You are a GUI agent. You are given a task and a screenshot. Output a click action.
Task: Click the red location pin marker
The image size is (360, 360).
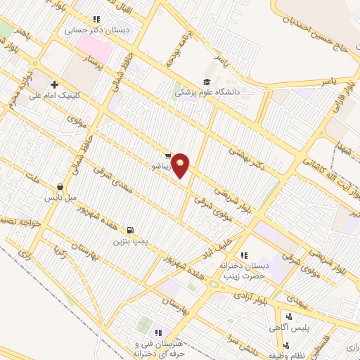181,165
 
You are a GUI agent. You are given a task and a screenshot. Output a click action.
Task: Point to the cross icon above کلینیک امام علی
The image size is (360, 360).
55,84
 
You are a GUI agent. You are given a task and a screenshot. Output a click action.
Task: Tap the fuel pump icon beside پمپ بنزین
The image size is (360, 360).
130,230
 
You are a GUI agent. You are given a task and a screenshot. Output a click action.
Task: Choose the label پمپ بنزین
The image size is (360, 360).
131,240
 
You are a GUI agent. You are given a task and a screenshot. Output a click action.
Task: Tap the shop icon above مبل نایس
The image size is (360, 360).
60,188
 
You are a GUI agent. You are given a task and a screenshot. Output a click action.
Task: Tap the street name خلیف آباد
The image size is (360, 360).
217,248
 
